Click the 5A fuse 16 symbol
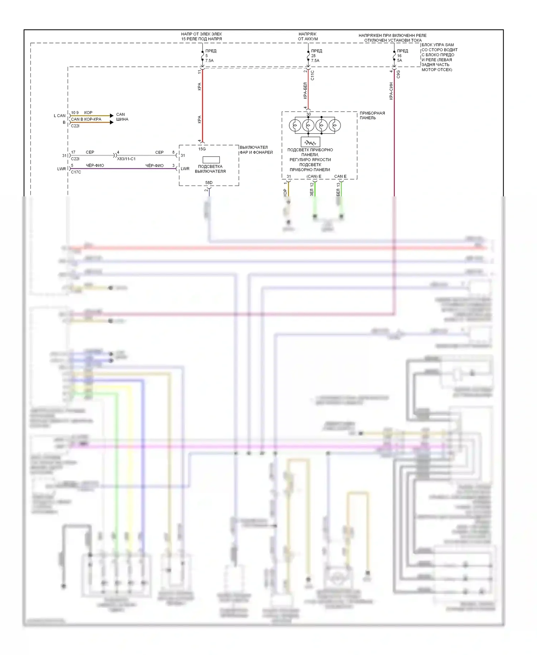click(x=394, y=56)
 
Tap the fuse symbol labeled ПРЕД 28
click(x=308, y=56)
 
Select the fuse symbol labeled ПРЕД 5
click(x=203, y=56)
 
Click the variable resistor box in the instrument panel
click(x=310, y=142)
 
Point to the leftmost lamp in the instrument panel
click(x=295, y=125)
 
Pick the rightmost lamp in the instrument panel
click(x=335, y=125)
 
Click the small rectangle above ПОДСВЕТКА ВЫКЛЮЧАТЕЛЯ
click(x=211, y=160)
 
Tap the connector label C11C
click(x=313, y=75)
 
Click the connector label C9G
click(x=398, y=74)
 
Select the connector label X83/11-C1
click(x=126, y=159)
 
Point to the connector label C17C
click(x=76, y=172)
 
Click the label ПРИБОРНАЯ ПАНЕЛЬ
click(x=372, y=115)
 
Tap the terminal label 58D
click(x=209, y=183)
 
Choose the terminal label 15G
click(x=202, y=149)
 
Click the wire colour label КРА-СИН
click(x=391, y=91)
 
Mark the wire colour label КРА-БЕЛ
click(x=305, y=91)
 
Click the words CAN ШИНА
click(x=122, y=117)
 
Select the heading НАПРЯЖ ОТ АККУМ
click(x=308, y=36)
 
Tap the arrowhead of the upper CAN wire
click(x=112, y=115)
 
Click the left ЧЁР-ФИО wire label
click(x=95, y=166)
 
